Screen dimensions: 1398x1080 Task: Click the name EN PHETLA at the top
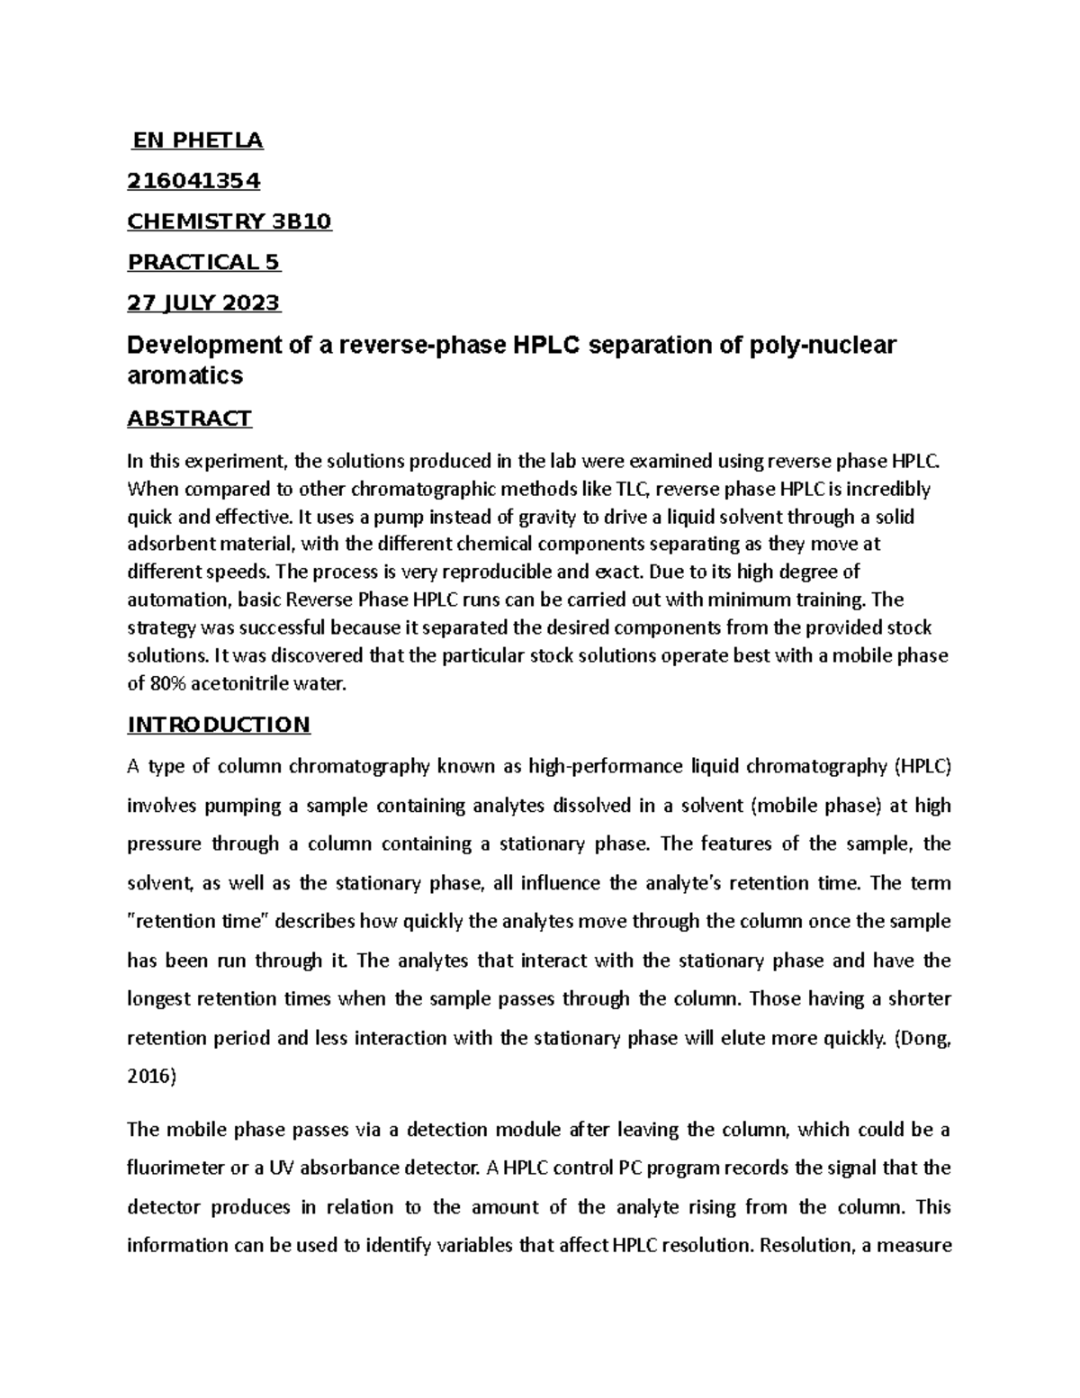(197, 140)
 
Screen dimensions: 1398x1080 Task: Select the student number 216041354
(193, 181)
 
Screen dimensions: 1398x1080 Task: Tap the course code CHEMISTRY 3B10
(229, 221)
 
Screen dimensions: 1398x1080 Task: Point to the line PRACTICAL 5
(204, 262)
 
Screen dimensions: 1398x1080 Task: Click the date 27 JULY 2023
(204, 302)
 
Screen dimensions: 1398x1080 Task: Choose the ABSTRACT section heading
(190, 419)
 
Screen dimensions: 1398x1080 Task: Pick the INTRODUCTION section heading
(219, 725)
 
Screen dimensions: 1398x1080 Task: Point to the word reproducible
(469, 572)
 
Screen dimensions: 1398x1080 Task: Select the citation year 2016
(150, 1077)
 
